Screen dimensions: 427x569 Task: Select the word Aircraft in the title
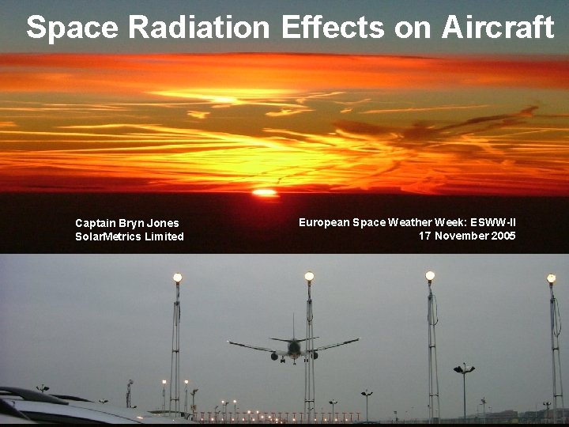497,28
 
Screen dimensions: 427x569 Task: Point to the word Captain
95,224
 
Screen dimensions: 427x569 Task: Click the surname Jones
164,224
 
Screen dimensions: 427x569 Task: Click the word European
324,223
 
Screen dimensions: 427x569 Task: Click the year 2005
503,236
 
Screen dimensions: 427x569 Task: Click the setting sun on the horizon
265,192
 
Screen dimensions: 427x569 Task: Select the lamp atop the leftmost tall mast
177,278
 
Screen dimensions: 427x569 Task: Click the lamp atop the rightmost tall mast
551,278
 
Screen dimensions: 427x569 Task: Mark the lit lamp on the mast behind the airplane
309,276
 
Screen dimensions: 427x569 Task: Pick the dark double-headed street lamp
464,369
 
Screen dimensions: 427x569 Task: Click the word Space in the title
73,28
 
